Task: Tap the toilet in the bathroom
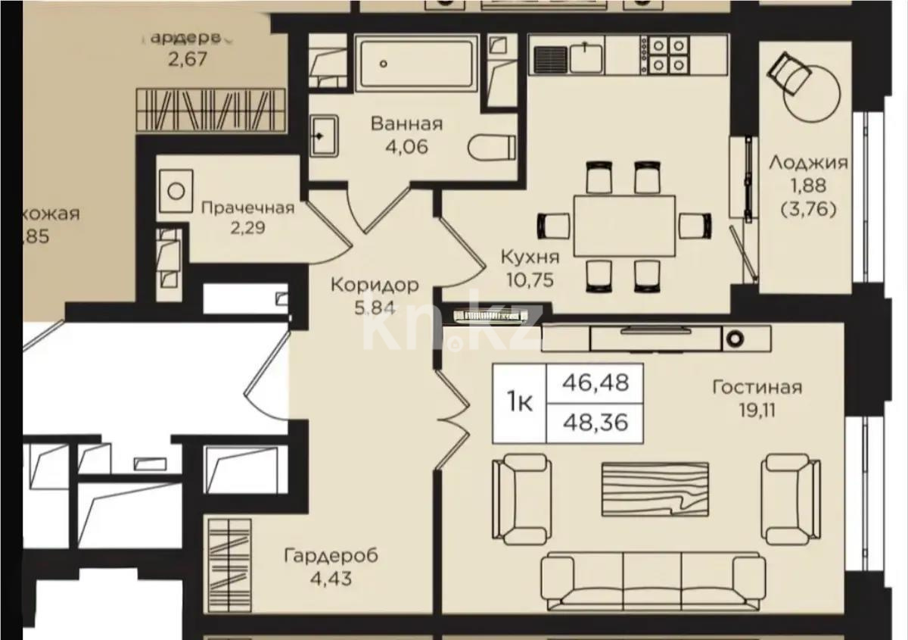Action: pyautogui.click(x=492, y=147)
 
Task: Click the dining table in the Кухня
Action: pyautogui.click(x=624, y=225)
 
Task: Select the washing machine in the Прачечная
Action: pyautogui.click(x=176, y=189)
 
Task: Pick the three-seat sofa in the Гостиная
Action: pyautogui.click(x=654, y=579)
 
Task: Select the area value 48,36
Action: pyautogui.click(x=595, y=421)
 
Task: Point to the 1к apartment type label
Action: pyautogui.click(x=519, y=404)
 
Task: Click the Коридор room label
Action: pyautogui.click(x=374, y=286)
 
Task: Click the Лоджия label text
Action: pyautogui.click(x=808, y=161)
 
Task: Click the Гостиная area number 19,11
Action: pyautogui.click(x=756, y=412)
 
